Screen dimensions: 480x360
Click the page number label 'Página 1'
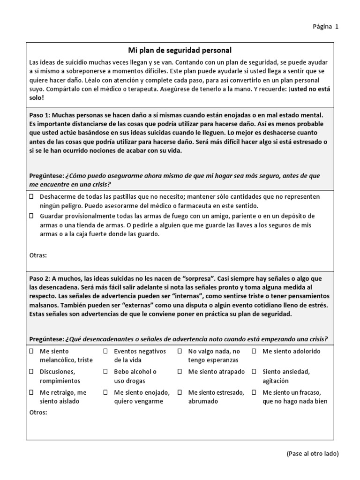click(325, 27)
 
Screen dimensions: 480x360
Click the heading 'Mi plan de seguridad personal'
click(180, 50)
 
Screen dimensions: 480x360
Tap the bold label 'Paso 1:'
click(40, 115)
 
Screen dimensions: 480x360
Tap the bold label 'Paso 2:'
click(40, 278)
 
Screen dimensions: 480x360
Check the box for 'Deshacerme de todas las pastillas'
click(31, 196)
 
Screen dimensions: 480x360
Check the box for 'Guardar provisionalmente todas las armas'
click(31, 216)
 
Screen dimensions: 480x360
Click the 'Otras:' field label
click(38, 255)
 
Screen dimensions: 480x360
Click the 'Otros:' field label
click(38, 412)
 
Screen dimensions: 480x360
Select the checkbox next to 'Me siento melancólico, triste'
click(31, 351)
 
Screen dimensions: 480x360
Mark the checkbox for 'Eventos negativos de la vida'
click(105, 351)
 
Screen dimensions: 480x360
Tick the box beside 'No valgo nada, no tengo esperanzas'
click(180, 351)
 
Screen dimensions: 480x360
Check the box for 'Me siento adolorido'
click(254, 351)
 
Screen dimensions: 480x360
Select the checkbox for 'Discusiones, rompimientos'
click(31, 372)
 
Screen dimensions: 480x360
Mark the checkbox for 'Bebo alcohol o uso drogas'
click(105, 372)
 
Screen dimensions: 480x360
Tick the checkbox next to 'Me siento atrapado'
click(180, 372)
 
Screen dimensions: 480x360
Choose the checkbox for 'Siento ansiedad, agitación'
click(254, 372)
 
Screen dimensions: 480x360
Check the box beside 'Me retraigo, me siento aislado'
click(31, 392)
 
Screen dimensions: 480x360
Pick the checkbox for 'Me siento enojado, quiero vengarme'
click(105, 392)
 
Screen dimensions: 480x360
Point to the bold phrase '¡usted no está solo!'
click(309, 93)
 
